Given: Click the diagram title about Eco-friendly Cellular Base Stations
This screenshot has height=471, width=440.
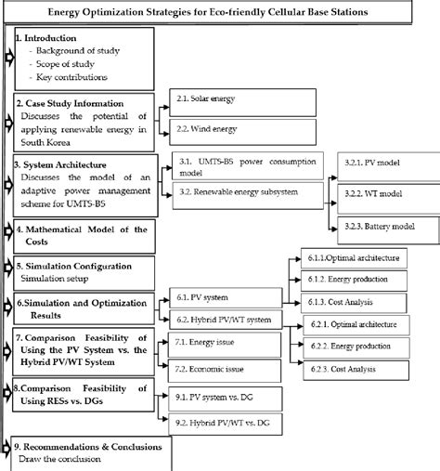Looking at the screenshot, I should pyautogui.click(x=220, y=12).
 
